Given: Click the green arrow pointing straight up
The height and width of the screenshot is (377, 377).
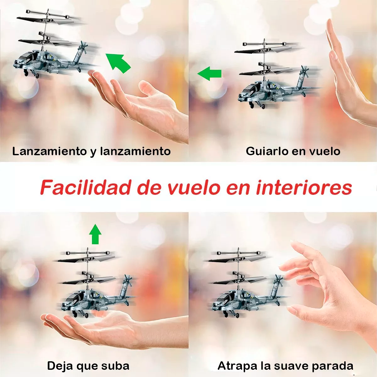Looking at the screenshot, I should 95,234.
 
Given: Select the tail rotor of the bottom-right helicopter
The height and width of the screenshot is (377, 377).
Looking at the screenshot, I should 278,281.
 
